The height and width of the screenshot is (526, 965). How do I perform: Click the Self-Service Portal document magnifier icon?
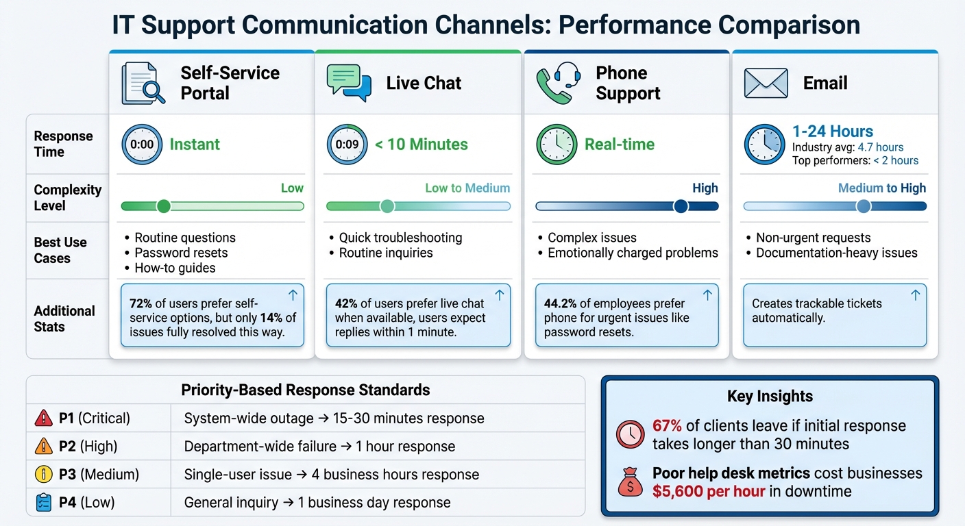click(x=143, y=84)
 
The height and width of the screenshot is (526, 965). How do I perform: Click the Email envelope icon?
click(x=766, y=84)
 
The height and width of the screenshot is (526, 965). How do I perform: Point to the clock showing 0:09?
click(x=347, y=145)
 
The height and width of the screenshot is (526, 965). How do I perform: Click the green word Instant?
click(x=195, y=145)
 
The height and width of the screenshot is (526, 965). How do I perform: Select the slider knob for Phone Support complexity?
click(x=681, y=206)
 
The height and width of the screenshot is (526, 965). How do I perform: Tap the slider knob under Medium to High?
click(x=864, y=206)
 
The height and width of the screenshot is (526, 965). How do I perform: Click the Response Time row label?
click(x=63, y=144)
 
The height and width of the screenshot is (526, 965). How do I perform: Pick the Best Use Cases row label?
click(x=60, y=250)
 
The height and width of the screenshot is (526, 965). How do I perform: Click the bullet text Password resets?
click(x=181, y=253)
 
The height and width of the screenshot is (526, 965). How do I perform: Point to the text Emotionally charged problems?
click(x=633, y=253)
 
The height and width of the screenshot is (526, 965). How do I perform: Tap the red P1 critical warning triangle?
click(x=43, y=418)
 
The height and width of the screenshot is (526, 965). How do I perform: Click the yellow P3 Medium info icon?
click(x=43, y=474)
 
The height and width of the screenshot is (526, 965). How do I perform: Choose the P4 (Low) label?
click(x=86, y=503)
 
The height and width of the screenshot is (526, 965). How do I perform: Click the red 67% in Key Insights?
click(x=668, y=426)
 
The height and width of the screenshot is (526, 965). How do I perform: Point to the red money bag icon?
click(x=630, y=483)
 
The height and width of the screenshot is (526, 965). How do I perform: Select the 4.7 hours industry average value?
click(x=880, y=147)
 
